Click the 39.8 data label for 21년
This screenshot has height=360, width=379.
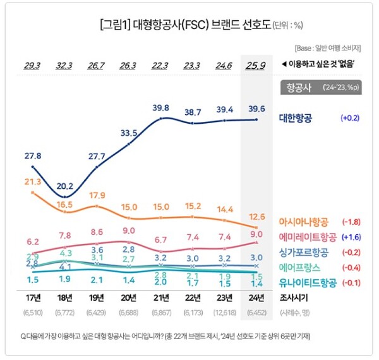click(x=161, y=108)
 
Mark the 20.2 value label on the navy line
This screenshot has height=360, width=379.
click(x=64, y=187)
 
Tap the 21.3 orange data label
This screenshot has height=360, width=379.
click(x=32, y=182)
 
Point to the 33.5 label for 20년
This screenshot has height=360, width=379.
click(x=128, y=133)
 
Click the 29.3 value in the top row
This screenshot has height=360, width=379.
click(x=32, y=65)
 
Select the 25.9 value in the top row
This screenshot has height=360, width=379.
click(x=256, y=65)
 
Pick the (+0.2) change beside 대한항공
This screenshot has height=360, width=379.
click(x=351, y=118)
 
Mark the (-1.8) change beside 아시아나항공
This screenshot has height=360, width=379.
click(x=351, y=222)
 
